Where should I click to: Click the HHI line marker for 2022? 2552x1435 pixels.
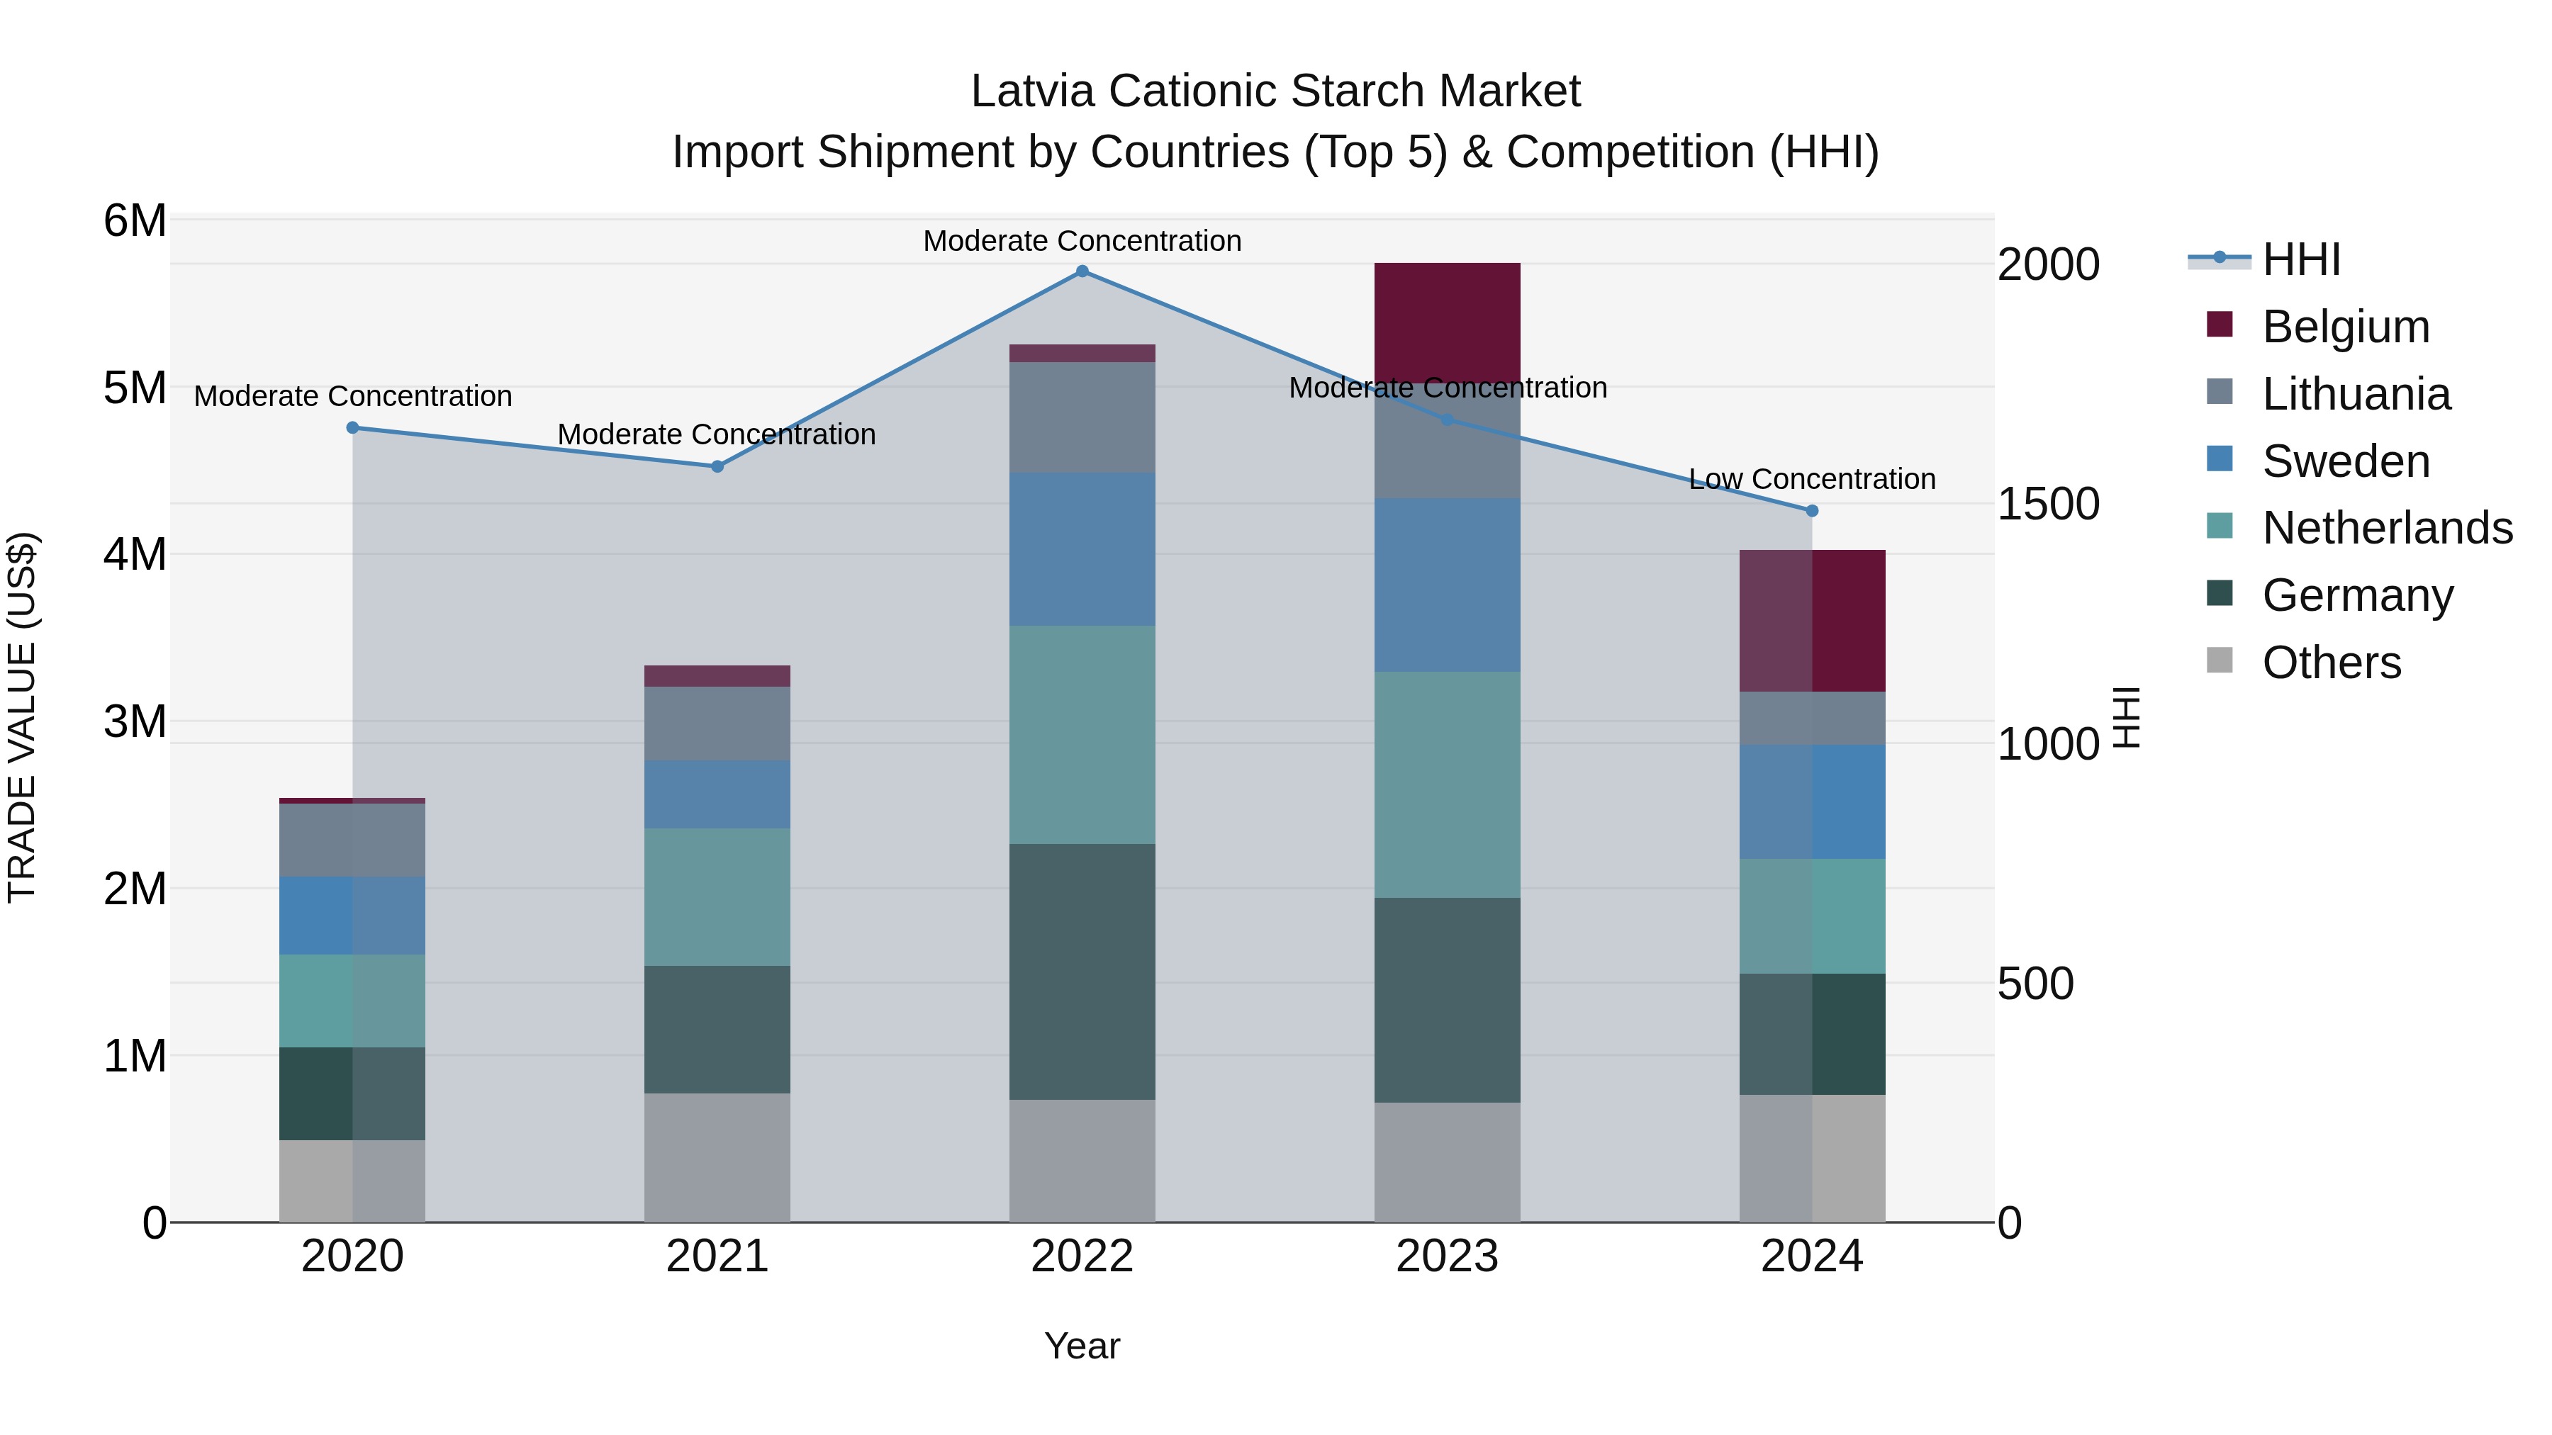(x=1082, y=271)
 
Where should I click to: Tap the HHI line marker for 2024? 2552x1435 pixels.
(x=1812, y=511)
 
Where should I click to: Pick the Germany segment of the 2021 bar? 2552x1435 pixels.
(x=717, y=1029)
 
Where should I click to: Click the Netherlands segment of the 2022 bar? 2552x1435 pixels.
(x=1082, y=734)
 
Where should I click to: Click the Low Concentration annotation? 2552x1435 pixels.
(x=1811, y=479)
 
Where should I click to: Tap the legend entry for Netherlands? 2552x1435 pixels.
(x=2385, y=528)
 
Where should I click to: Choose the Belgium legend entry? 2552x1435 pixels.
(x=2345, y=327)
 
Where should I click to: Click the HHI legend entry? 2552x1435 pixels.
(x=2300, y=259)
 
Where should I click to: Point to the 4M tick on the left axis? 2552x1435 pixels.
(x=135, y=555)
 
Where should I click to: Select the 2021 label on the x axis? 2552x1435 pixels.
(x=717, y=1256)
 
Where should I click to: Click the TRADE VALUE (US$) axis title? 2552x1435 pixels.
(x=22, y=717)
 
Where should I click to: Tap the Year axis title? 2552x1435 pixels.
(x=1082, y=1346)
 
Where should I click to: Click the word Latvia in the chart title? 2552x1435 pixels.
(x=1031, y=91)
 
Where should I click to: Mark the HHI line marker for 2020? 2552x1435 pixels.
(x=353, y=428)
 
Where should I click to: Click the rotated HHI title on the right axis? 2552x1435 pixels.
(x=2127, y=717)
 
